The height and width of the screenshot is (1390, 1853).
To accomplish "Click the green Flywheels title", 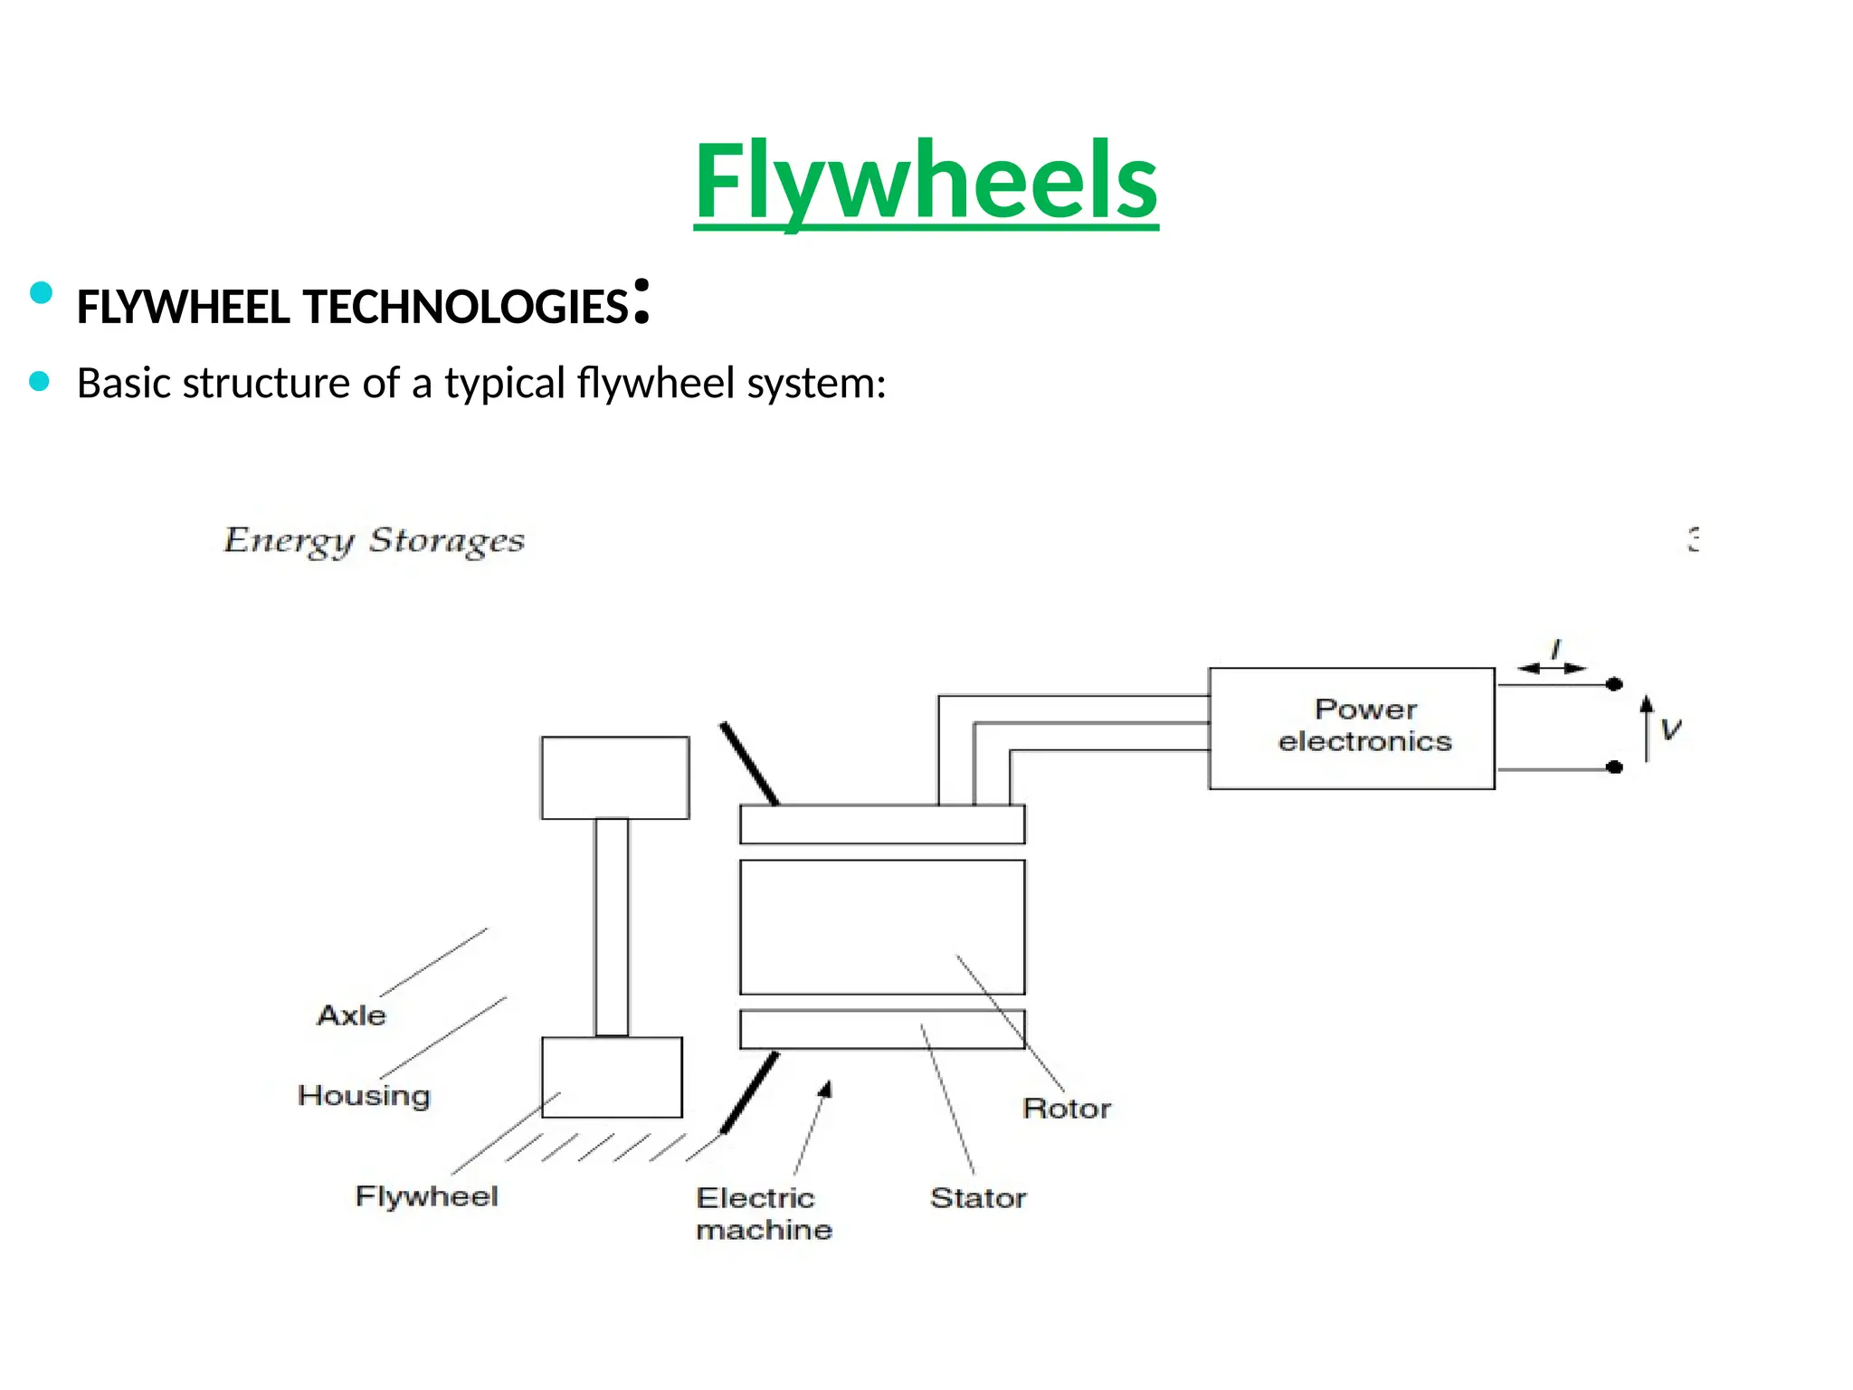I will [x=926, y=180].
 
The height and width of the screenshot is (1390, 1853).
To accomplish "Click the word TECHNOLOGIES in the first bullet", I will [x=466, y=308].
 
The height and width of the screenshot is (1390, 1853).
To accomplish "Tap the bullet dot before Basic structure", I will [x=39, y=382].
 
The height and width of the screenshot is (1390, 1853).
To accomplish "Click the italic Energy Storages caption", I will [x=374, y=540].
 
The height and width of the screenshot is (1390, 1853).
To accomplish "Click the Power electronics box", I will [x=1351, y=728].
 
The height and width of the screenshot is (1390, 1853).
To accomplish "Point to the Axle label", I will [x=351, y=1015].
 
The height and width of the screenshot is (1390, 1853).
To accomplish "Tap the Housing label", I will [x=364, y=1095].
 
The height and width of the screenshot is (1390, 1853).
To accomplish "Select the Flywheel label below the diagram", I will [x=426, y=1196].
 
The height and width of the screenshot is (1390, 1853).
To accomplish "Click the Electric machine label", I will [x=763, y=1214].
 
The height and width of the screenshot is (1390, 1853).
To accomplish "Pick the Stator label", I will [x=978, y=1198].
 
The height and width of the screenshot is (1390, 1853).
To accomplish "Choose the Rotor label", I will [x=1066, y=1109].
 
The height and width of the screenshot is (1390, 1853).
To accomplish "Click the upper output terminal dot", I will [x=1614, y=684].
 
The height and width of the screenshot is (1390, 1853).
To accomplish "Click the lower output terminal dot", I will [x=1614, y=767].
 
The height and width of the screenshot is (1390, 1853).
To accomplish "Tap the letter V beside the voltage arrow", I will [x=1670, y=729].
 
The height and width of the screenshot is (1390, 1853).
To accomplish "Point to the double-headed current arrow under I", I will [x=1552, y=669].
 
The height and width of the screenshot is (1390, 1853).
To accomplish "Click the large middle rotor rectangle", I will [x=882, y=927].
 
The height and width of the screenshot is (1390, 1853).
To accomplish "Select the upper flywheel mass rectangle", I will [x=615, y=777].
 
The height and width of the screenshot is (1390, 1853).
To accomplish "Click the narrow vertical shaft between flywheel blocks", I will [x=612, y=927].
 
